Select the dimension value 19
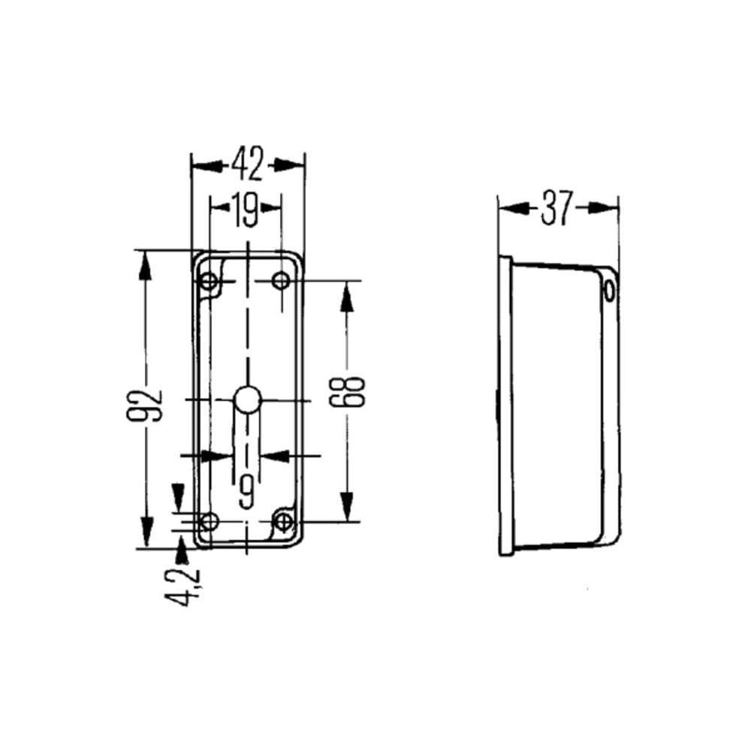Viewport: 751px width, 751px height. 246,210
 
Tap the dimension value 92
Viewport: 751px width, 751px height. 145,406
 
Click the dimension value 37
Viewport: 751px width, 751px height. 556,208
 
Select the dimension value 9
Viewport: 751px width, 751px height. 246,491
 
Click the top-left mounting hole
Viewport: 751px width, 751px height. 209,281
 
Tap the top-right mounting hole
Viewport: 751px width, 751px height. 281,280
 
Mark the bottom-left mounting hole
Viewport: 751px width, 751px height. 209,521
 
